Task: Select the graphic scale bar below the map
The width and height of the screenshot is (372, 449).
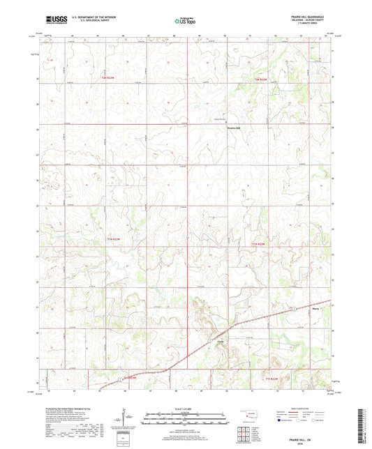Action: coord(184,420)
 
